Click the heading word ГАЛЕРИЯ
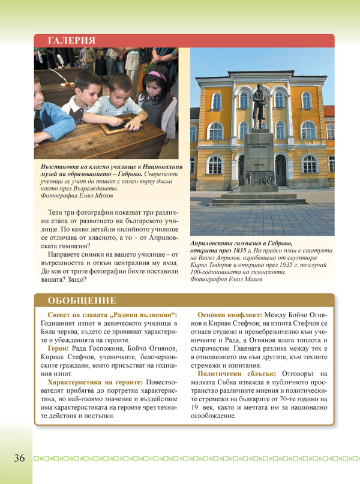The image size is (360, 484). (67, 41)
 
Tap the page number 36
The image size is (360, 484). (19, 458)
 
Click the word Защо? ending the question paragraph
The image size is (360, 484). (76, 279)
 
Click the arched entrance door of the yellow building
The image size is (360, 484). (280, 170)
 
